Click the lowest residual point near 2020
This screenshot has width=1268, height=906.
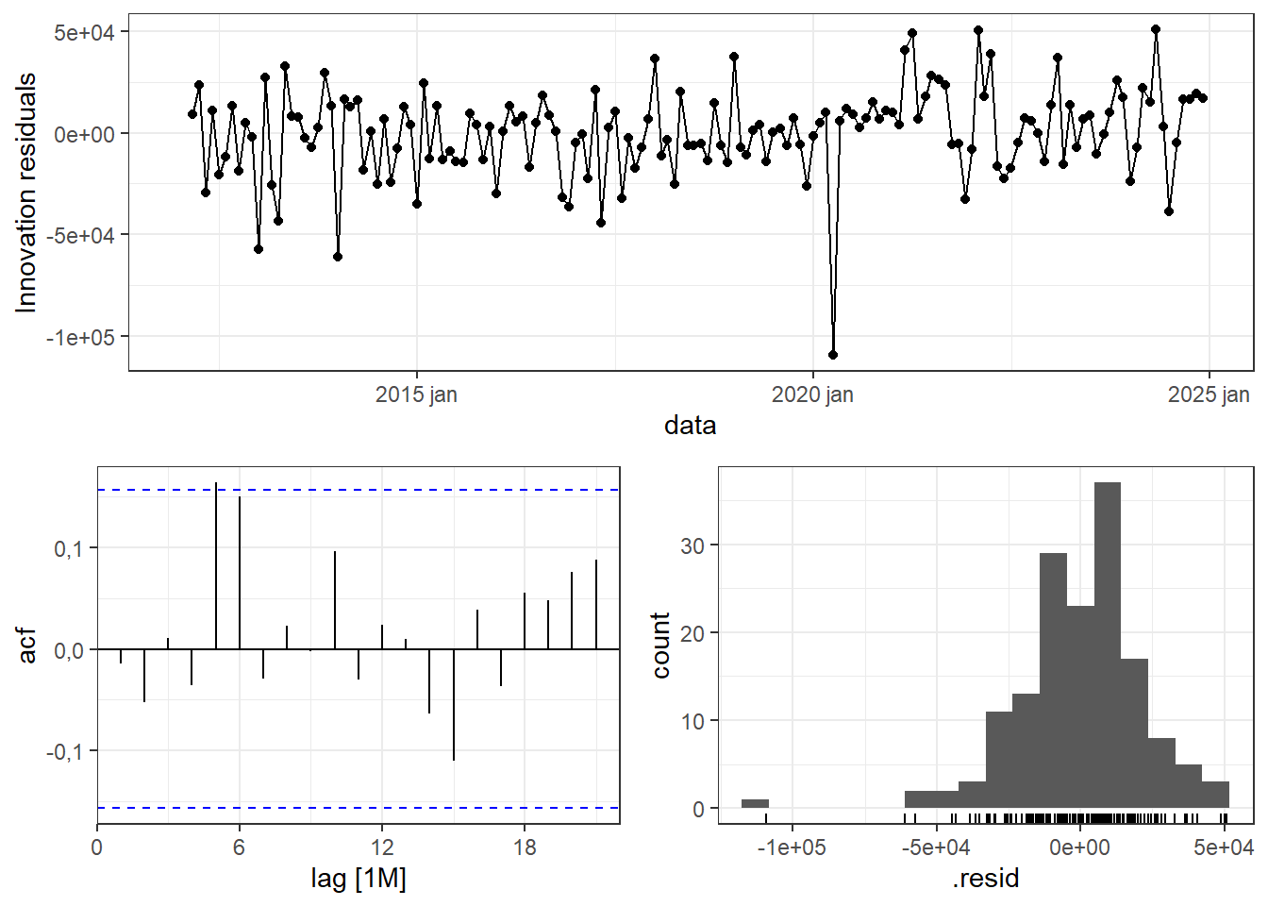click(832, 355)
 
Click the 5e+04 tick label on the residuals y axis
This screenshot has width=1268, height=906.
click(83, 33)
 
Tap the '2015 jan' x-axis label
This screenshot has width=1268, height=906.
click(416, 394)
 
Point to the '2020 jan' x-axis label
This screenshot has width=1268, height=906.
click(812, 394)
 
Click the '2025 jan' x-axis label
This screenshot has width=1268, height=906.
click(1208, 394)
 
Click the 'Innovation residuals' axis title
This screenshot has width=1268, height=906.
click(26, 193)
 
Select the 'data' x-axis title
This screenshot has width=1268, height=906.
click(690, 426)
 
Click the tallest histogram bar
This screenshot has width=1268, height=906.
click(1108, 642)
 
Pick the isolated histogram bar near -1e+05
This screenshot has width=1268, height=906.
click(755, 804)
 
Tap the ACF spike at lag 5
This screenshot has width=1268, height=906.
click(216, 566)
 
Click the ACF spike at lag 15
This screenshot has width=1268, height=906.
click(454, 704)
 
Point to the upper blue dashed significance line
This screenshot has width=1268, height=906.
click(359, 490)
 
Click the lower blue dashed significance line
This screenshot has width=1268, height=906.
click(359, 808)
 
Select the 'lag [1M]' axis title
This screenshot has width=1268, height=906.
click(359, 879)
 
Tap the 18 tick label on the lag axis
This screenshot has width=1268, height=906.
click(525, 847)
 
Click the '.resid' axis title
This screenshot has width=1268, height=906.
click(986, 879)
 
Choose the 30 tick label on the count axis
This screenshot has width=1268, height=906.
click(692, 546)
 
